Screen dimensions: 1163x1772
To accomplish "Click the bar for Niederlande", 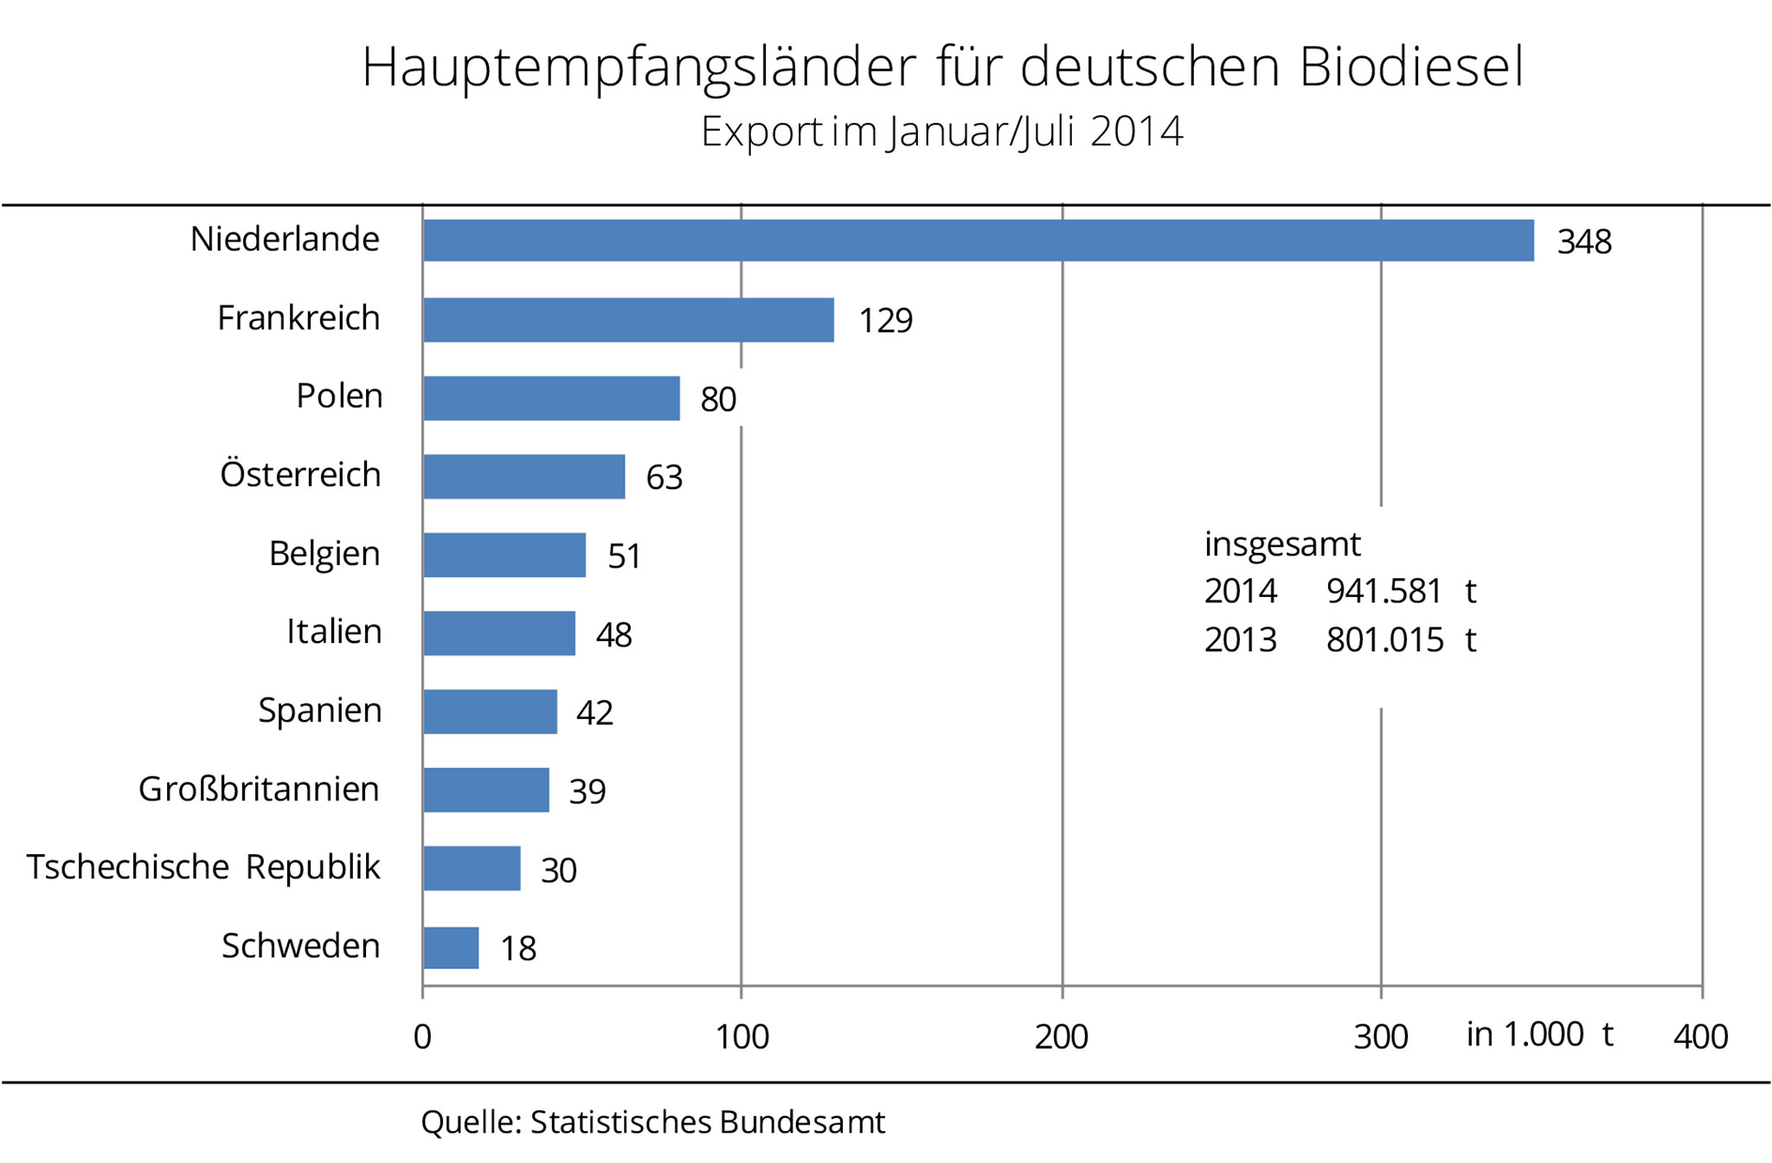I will tap(978, 241).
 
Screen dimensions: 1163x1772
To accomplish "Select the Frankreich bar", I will tap(628, 320).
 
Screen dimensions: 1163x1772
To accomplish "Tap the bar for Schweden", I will tap(451, 948).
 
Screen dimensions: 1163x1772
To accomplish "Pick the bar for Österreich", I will tap(523, 477).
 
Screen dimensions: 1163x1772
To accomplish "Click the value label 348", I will tap(1583, 242).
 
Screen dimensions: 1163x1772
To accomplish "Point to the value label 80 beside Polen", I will tap(718, 400).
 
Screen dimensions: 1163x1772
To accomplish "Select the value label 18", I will tap(518, 949).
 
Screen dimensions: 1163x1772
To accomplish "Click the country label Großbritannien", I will tap(259, 789).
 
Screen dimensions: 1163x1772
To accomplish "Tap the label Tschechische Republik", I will tap(203, 867).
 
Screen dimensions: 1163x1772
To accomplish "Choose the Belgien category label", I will tap(324, 554).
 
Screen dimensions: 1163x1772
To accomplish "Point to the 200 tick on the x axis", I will tap(1062, 1037).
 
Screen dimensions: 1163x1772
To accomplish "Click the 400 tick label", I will tap(1700, 1037).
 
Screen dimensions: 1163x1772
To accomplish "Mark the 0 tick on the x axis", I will tap(422, 1037).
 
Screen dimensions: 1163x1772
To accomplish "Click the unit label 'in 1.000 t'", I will tap(1539, 1035).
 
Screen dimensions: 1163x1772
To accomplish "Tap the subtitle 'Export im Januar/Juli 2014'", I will tap(941, 132).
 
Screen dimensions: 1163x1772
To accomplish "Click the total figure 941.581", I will tap(1384, 592).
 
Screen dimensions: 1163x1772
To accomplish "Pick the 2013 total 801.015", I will tap(1384, 640).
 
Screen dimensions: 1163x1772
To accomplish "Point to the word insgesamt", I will tap(1282, 544).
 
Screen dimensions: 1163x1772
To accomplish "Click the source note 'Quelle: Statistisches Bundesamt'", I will tap(652, 1122).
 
